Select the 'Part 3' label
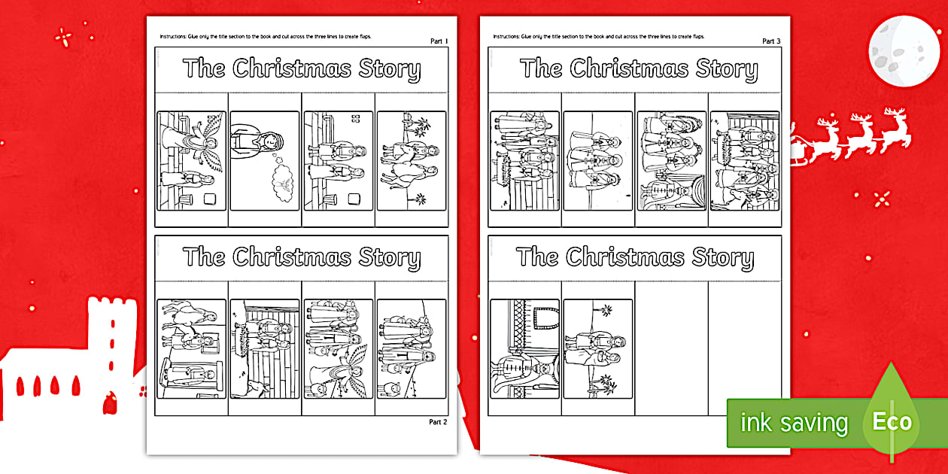[771, 41]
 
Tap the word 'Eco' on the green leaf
[892, 422]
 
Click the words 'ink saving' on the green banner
[793, 423]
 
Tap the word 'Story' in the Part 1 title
[388, 69]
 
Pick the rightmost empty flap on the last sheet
[744, 346]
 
